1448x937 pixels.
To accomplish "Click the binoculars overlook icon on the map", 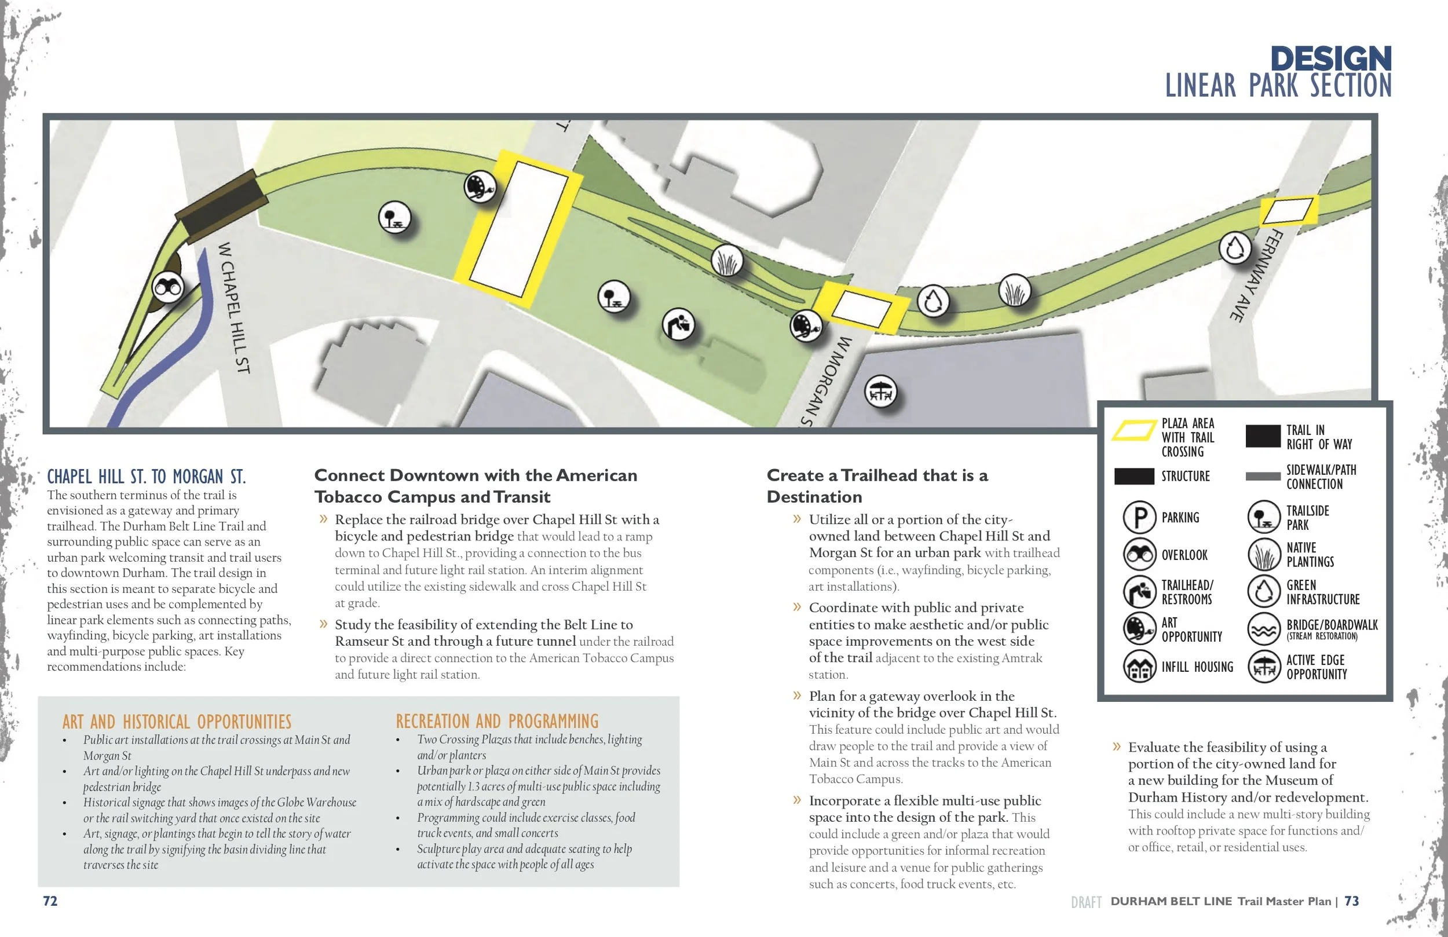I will (167, 287).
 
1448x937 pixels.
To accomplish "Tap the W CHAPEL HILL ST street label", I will (234, 308).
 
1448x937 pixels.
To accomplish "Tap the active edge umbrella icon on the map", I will (880, 393).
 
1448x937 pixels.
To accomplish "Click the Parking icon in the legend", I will (1139, 517).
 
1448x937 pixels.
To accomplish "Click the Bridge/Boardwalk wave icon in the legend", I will (1264, 629).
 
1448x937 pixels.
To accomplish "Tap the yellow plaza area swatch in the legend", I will (1134, 430).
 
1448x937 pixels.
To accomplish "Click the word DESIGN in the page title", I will (1330, 59).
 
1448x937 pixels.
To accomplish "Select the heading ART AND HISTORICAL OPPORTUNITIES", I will (177, 722).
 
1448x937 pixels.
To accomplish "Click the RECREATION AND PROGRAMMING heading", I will (497, 722).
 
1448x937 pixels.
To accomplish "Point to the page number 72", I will (50, 901).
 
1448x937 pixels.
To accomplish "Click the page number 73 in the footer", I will (1351, 901).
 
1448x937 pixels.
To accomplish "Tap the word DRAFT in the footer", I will (1086, 902).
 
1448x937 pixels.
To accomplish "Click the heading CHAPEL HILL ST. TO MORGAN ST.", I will (147, 477).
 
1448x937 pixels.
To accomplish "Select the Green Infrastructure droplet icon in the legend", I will (1264, 591).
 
